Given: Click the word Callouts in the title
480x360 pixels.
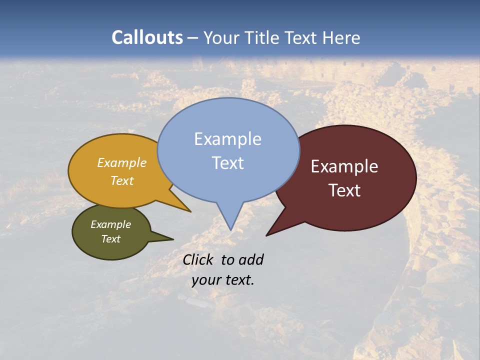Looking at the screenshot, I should coord(147,37).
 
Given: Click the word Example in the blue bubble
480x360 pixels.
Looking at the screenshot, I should coord(227,139).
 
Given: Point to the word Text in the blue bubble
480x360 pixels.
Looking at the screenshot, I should coord(227,163).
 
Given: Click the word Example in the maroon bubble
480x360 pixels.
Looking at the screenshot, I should coord(344,166).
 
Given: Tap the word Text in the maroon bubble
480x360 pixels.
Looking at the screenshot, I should coord(344,190).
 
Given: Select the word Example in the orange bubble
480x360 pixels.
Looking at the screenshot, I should coord(122,163).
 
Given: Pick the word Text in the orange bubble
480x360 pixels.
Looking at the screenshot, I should coord(122,180).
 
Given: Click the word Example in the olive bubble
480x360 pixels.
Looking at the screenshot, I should coord(110,224).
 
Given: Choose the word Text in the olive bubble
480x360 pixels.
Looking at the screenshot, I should coord(110,239).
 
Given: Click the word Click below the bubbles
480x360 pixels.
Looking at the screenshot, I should coord(199,259).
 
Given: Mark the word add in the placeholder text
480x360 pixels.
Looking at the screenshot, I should coord(250,259).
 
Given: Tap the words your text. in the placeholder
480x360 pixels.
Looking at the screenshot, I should coord(223,280).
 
